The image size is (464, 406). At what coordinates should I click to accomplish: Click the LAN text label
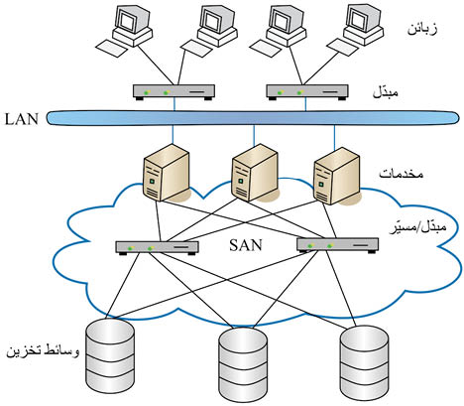22,119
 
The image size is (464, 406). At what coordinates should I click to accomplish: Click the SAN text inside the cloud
246,245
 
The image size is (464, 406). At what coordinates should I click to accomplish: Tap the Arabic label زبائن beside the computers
422,29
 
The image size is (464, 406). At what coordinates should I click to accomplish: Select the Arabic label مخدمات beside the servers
401,174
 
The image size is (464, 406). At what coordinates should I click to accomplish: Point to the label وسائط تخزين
43,350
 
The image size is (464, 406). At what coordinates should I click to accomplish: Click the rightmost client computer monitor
363,23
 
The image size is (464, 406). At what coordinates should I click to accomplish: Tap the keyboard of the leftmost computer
111,49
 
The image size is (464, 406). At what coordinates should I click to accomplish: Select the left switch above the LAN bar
174,91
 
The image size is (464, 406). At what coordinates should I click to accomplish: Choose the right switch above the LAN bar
307,91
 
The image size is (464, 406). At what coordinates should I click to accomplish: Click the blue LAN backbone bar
253,118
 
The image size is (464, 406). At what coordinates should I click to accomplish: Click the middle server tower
254,173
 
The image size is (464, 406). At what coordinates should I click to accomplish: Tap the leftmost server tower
167,173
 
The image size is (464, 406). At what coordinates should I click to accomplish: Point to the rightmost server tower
337,176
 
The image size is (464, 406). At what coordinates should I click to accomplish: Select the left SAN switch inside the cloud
157,247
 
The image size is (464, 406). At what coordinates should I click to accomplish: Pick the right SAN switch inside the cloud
337,245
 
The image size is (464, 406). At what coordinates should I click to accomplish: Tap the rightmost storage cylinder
365,363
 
